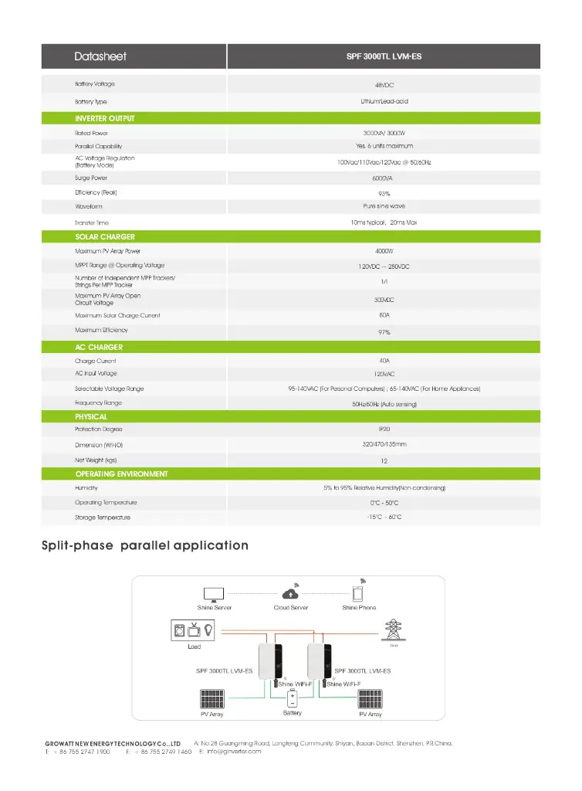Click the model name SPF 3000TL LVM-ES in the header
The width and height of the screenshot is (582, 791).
[384, 56]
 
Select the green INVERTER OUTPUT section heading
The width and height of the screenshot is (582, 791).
[105, 118]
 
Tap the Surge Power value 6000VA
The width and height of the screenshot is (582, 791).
[383, 178]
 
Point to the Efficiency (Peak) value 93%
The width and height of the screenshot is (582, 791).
[384, 193]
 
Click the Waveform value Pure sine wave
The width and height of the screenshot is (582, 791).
[384, 206]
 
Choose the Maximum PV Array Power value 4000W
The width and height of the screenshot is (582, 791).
[384, 251]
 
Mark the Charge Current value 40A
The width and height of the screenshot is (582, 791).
[384, 361]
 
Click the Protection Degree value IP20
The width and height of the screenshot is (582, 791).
[384, 429]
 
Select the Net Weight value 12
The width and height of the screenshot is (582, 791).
[384, 461]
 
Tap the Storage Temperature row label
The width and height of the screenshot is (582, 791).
[103, 517]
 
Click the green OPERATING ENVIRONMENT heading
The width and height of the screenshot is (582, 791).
[121, 474]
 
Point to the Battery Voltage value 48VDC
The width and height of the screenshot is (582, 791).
[384, 85]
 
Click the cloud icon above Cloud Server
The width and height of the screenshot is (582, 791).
[291, 594]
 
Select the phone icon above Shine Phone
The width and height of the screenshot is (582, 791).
[358, 594]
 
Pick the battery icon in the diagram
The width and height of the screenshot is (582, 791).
[293, 698]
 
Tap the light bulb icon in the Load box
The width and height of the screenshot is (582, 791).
[207, 631]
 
